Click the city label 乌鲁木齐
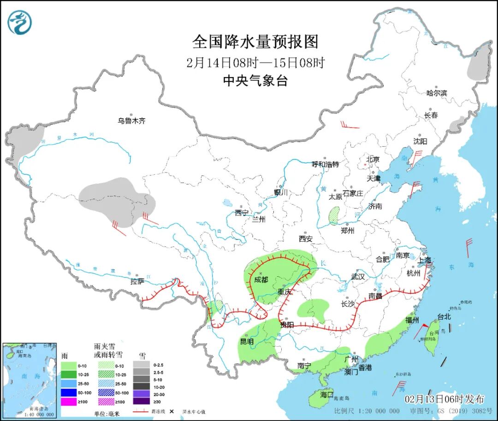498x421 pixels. coord(131,121)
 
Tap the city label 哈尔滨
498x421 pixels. coord(437,93)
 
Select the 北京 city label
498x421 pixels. coord(373,160)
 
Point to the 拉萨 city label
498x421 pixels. coord(137,281)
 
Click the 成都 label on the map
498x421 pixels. coord(262,279)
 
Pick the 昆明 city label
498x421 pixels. coord(247,342)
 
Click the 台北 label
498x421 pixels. coord(444,317)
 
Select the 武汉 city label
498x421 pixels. coord(358,277)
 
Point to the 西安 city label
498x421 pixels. coord(305,238)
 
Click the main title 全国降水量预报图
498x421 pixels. coord(255,42)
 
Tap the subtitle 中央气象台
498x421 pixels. coord(255,81)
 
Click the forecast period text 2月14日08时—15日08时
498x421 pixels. coord(255,62)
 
